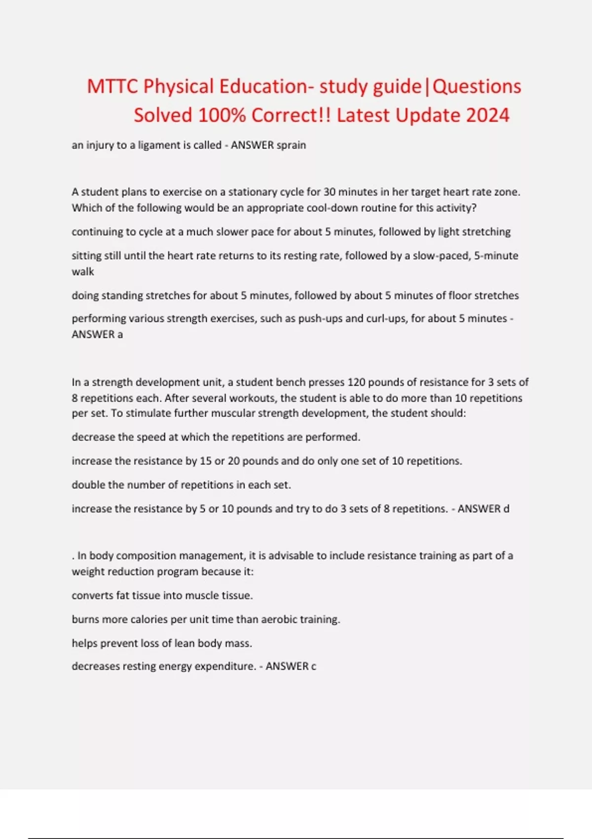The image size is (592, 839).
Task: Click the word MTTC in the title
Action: pyautogui.click(x=112, y=86)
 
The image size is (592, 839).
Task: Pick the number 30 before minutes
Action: pyautogui.click(x=330, y=191)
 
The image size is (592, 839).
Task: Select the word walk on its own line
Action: pyautogui.click(x=82, y=271)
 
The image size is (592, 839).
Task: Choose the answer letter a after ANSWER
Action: pyautogui.click(x=120, y=335)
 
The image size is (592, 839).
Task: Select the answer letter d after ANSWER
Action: pyautogui.click(x=506, y=509)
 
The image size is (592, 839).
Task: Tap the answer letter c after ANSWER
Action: pyautogui.click(x=313, y=666)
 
